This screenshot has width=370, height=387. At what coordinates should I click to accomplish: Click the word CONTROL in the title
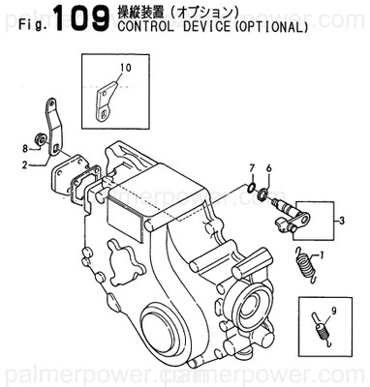tap(145, 27)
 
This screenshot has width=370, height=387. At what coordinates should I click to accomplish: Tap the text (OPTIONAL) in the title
tap(267, 27)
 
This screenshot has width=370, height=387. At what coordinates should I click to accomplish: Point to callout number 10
tap(125, 67)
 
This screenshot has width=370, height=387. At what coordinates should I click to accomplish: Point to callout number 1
tap(334, 256)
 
